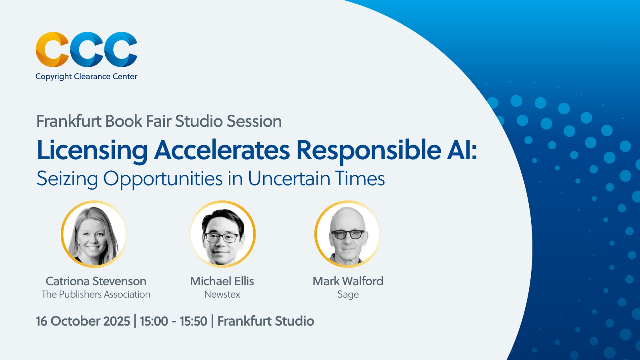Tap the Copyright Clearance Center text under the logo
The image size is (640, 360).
(86, 76)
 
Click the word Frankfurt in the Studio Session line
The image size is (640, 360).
(69, 121)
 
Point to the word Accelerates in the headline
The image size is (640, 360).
(222, 150)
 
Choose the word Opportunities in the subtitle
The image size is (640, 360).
(163, 179)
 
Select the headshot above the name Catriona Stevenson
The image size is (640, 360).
(94, 234)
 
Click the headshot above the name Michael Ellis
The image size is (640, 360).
(222, 234)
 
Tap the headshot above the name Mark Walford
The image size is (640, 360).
(348, 234)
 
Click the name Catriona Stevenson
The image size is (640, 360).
(96, 281)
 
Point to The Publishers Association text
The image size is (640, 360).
(96, 294)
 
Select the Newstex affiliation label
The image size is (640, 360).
(222, 294)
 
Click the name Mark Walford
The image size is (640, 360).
(348, 281)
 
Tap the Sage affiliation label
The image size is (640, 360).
(348, 295)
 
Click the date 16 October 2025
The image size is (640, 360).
(83, 321)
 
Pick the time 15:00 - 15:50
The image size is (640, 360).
(174, 321)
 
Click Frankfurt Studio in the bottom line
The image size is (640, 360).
(266, 321)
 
